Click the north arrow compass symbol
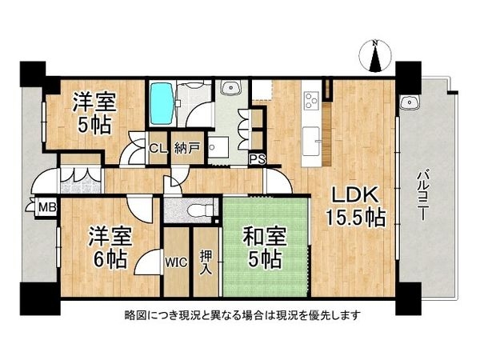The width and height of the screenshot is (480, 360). coord(376,56)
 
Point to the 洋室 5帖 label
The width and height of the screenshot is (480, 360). coord(93,113)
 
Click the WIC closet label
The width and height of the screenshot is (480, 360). coord(175,260)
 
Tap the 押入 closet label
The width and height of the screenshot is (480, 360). coord(205,261)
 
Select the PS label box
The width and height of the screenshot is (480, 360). coord(258,158)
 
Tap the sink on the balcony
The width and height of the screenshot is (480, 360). coord(410,102)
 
